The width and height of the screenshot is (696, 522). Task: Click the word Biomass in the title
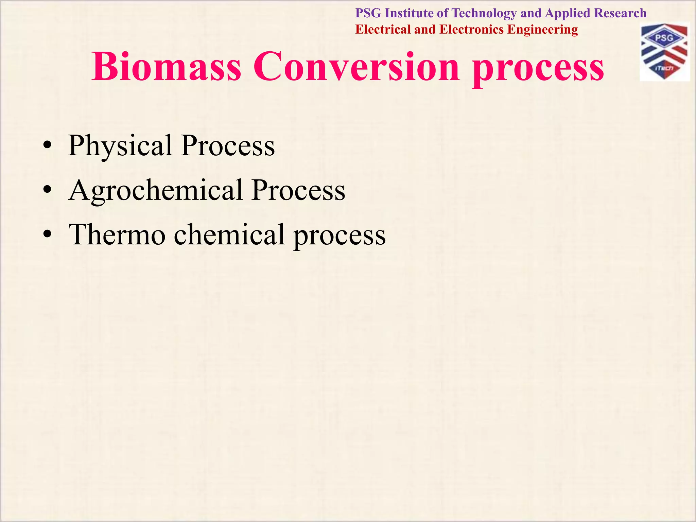166,66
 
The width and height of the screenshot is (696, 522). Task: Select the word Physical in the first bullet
120,146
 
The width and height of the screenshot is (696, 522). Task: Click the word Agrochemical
155,191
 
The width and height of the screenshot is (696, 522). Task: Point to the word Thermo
117,234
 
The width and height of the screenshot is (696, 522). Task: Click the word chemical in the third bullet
229,234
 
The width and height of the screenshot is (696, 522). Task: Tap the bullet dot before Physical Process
47,146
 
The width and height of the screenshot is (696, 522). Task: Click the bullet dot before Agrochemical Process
47,191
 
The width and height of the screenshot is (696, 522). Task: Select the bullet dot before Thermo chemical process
47,235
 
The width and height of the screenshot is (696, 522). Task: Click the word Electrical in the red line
383,30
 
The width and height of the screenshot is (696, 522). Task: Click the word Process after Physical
228,146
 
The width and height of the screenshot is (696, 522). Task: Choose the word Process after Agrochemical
298,191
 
